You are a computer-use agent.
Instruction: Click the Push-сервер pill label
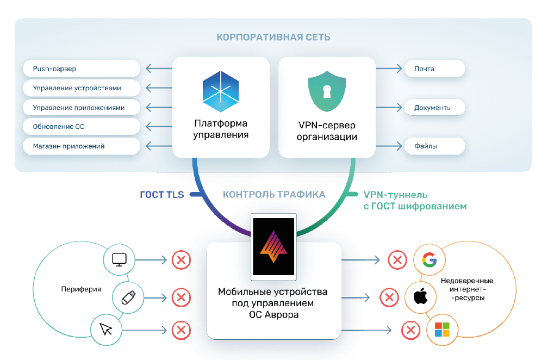[82, 69]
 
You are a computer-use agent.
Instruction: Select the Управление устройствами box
[82, 88]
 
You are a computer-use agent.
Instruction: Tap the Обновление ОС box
[82, 126]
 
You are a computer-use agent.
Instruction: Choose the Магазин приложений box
[82, 146]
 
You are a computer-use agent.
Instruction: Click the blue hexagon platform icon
[221, 91]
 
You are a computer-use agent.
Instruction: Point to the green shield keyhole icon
[327, 91]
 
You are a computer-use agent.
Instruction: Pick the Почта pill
[434, 69]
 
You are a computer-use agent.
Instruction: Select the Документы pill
[434, 108]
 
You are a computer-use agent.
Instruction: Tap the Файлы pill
[434, 146]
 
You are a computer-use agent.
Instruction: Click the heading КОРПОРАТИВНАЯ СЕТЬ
[273, 37]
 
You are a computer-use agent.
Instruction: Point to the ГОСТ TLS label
[162, 195]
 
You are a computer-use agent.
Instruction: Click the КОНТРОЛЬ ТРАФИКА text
[274, 195]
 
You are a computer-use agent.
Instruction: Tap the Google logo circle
[430, 259]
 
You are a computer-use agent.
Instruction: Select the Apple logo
[420, 296]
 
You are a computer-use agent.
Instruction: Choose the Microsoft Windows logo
[442, 330]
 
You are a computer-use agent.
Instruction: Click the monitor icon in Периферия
[119, 259]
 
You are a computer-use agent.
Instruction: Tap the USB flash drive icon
[128, 297]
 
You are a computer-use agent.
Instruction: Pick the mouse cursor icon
[106, 329]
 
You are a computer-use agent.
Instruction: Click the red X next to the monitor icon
[181, 259]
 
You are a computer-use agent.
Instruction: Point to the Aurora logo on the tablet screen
[273, 246]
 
